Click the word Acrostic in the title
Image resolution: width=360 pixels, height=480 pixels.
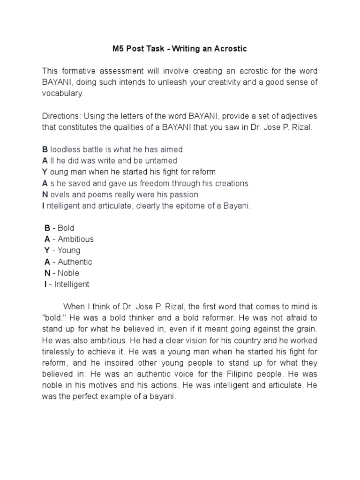pyautogui.click(x=229, y=48)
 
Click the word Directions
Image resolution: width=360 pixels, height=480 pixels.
pyautogui.click(x=61, y=116)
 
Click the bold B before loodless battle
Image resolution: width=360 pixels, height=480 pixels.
pyautogui.click(x=45, y=150)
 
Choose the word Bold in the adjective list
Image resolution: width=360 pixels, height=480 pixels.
pyautogui.click(x=66, y=228)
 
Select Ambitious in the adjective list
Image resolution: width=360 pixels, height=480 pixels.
pyautogui.click(x=75, y=240)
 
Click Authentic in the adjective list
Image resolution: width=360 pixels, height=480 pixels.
pyautogui.click(x=75, y=262)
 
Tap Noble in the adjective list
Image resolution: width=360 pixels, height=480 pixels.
pyautogui.click(x=68, y=273)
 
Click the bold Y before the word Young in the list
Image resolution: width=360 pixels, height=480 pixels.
pyautogui.click(x=47, y=251)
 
